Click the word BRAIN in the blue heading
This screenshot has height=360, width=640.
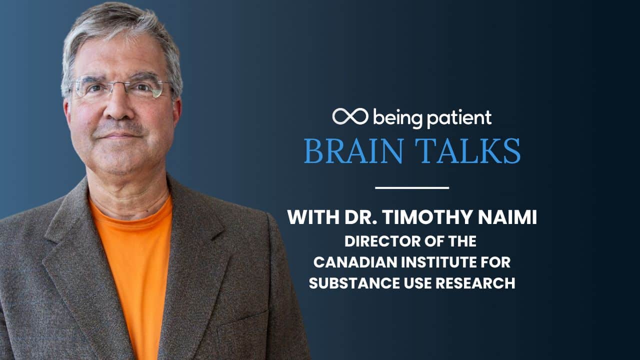click(x=353, y=150)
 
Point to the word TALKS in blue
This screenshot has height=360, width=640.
click(x=467, y=150)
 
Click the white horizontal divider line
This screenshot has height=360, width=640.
click(x=412, y=187)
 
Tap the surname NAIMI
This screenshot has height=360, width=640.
click(x=507, y=217)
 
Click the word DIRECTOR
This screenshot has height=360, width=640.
click(x=382, y=241)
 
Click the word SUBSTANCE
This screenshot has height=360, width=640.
click(x=354, y=283)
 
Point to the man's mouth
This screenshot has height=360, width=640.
click(x=120, y=136)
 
